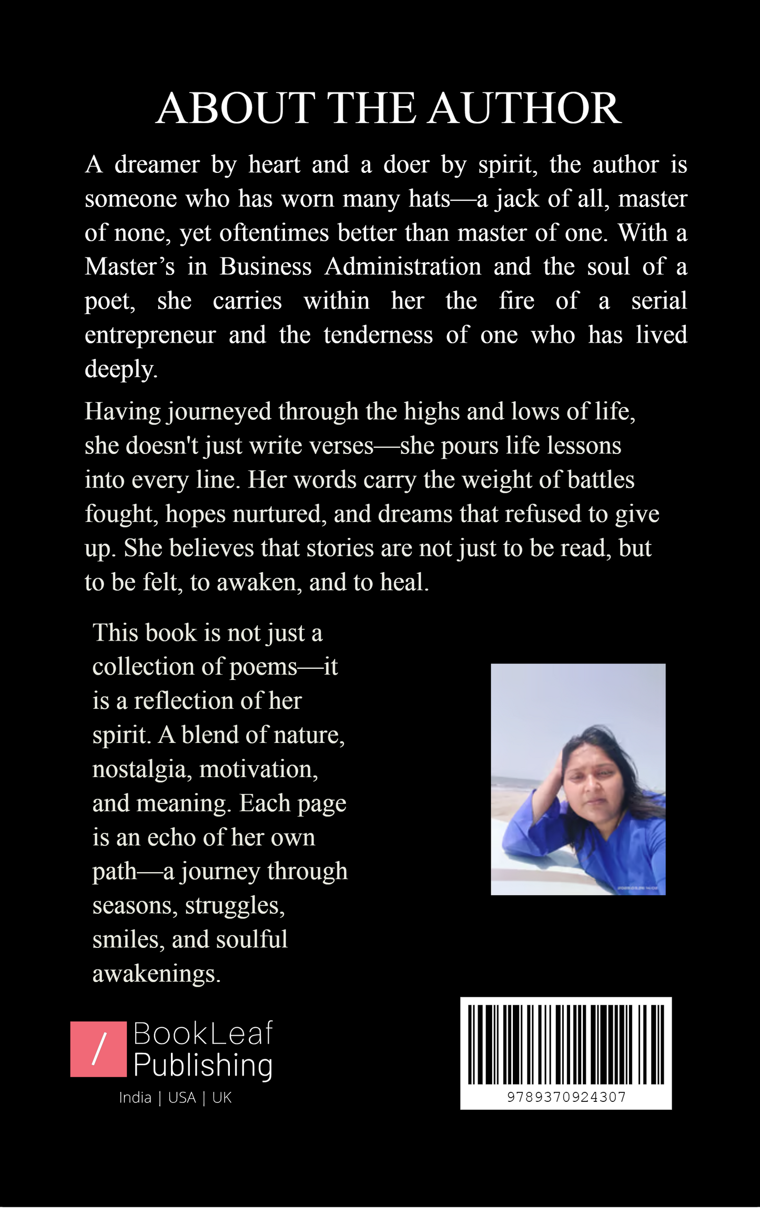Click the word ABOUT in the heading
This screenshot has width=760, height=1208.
pos(235,108)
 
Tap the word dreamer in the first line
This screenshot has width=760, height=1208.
pos(157,165)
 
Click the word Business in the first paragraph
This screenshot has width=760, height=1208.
pos(265,267)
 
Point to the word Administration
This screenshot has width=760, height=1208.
pos(402,267)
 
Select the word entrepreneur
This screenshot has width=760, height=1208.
pos(150,336)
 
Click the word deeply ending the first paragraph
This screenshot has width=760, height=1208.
pos(120,370)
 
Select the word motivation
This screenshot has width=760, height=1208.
pos(258,770)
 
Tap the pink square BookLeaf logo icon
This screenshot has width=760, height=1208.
pos(98,1049)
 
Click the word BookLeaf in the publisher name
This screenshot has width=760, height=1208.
pos(202,1034)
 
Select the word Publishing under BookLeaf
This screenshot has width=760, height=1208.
pos(202,1066)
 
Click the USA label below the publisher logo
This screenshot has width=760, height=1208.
pos(182,1098)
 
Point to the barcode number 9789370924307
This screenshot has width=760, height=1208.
pos(566,1097)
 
